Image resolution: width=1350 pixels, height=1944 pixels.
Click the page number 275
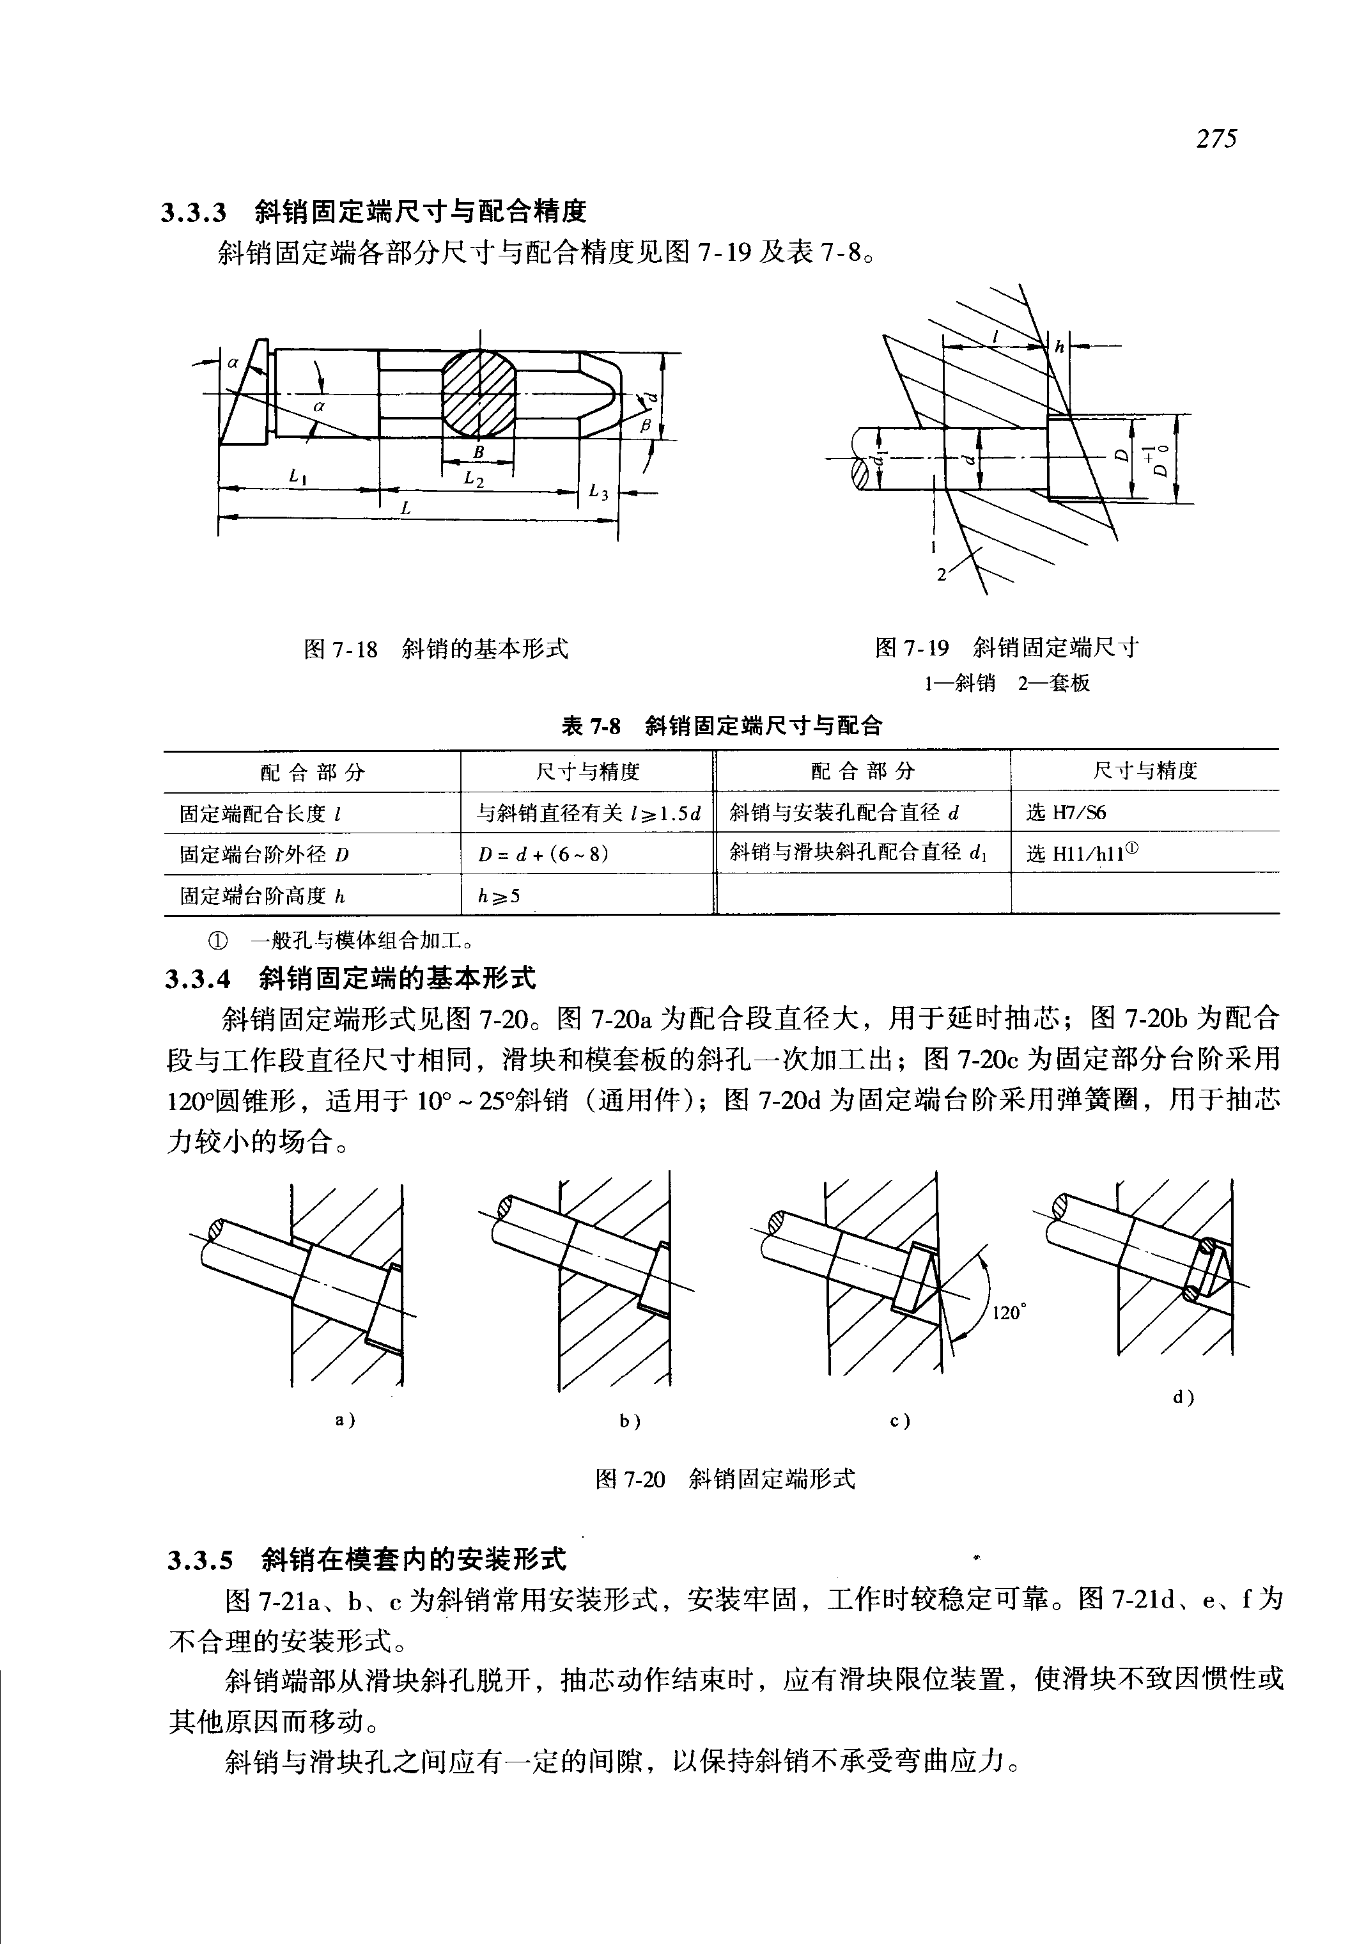point(1216,139)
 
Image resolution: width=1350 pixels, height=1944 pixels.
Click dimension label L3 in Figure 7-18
point(598,491)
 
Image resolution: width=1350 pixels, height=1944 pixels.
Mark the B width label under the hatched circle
point(478,452)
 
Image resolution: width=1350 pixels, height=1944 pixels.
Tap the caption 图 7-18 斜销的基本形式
point(436,649)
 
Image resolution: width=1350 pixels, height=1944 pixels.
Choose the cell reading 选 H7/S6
point(1066,813)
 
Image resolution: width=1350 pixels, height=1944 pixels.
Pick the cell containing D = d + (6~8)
point(543,854)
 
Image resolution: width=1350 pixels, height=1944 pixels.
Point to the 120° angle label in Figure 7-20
point(1008,1313)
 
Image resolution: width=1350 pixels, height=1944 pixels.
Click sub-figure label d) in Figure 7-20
point(1183,1397)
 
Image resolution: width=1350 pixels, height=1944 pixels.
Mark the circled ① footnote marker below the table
point(217,940)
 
